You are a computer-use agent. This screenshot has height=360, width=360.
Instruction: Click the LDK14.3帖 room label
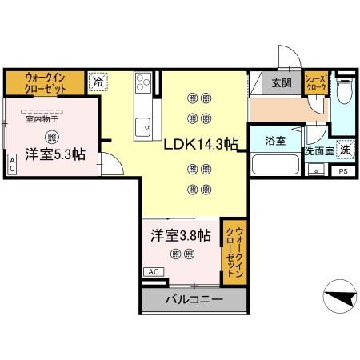click(201, 145)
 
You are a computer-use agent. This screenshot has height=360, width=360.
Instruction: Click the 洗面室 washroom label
click(317, 150)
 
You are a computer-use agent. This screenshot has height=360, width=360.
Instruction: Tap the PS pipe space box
click(343, 171)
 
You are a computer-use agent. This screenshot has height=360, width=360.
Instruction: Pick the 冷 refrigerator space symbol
click(98, 82)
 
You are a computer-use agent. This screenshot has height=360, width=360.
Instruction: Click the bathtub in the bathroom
click(274, 166)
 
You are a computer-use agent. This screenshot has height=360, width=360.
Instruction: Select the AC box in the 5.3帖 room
click(12, 164)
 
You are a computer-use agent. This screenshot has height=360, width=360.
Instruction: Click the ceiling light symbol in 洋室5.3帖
click(51, 136)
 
